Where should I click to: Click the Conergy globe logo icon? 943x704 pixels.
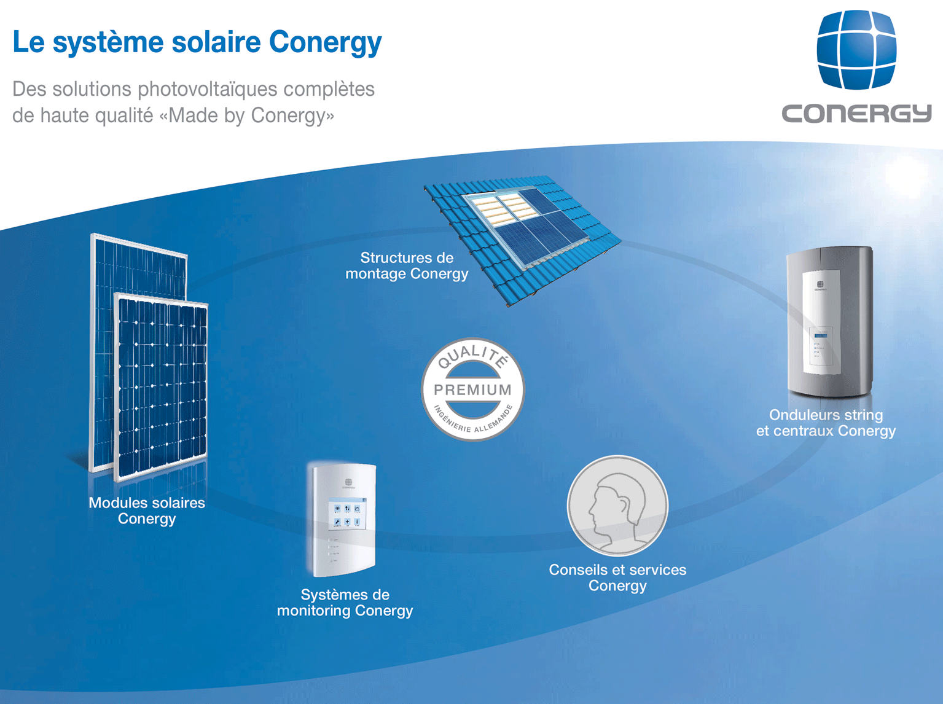[x=856, y=49]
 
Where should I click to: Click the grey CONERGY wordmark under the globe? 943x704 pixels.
[x=856, y=114]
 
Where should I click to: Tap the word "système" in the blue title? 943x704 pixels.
[x=108, y=43]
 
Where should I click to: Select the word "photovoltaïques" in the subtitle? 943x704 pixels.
[x=207, y=90]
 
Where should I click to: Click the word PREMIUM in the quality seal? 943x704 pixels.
[x=472, y=389]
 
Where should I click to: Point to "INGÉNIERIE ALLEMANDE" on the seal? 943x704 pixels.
[x=473, y=420]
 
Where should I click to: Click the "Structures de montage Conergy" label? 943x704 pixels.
[x=407, y=266]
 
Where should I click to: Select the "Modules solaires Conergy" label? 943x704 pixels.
[x=147, y=510]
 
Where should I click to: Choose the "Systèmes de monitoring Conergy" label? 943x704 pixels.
[x=345, y=603]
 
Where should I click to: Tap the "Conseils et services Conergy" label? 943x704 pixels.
[x=617, y=577]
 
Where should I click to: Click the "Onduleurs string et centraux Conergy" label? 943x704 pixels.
[x=826, y=423]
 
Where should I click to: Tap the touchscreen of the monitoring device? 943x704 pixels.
[x=347, y=514]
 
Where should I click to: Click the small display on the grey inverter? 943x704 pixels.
[x=821, y=335]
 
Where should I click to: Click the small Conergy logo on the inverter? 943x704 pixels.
[x=820, y=286]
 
